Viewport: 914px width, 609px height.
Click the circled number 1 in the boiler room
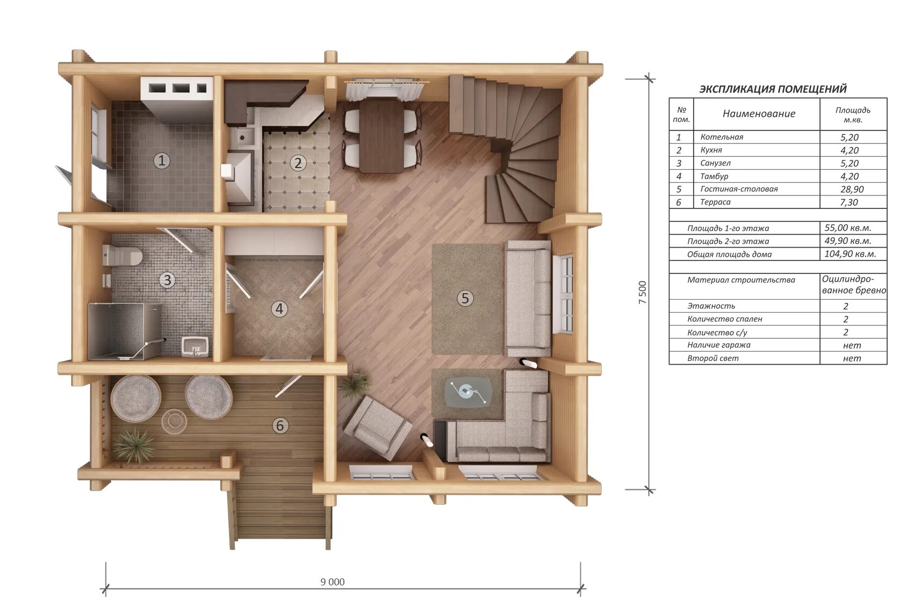click(x=162, y=161)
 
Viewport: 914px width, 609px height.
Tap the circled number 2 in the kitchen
click(x=298, y=163)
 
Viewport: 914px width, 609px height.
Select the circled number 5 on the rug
click(x=465, y=298)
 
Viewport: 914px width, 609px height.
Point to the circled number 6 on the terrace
click(x=280, y=425)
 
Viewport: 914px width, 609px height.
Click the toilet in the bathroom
click(x=121, y=256)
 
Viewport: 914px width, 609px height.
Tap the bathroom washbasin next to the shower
click(x=195, y=347)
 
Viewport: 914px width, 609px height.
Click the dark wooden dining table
click(x=381, y=136)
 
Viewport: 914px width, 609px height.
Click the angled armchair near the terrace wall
click(x=377, y=429)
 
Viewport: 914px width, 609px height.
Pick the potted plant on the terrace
click(x=134, y=446)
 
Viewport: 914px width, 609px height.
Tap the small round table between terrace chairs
click(x=174, y=421)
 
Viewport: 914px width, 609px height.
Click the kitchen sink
click(x=242, y=136)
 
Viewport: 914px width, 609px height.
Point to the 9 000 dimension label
click(x=333, y=582)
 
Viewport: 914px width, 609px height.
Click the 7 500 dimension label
click(x=642, y=292)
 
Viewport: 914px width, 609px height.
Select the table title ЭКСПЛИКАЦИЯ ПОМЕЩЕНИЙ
click(x=773, y=89)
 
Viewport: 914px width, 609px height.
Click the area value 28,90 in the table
click(x=849, y=189)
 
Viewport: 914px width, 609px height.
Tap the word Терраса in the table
click(x=715, y=202)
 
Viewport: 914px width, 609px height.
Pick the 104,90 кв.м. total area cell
click(x=850, y=253)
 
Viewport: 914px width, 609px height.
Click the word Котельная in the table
click(x=722, y=137)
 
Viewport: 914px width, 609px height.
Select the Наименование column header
click(x=759, y=114)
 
